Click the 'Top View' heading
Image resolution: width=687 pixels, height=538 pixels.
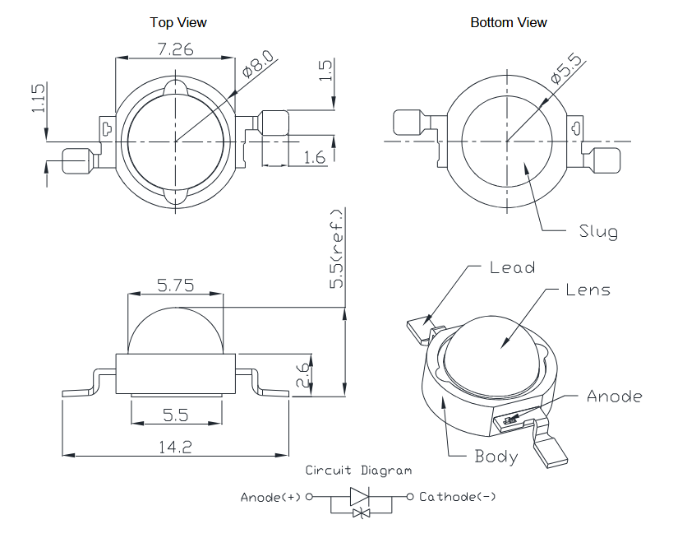[x=178, y=22]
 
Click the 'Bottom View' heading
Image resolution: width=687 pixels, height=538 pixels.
[x=509, y=22]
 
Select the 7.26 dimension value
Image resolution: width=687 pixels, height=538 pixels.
[x=174, y=49]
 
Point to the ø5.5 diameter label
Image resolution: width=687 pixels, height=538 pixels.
[x=565, y=68]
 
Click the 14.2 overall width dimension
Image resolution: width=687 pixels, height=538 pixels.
[x=176, y=447]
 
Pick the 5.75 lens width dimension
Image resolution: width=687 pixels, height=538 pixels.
[x=175, y=286]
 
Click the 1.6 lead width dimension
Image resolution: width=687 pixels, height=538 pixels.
[x=315, y=157]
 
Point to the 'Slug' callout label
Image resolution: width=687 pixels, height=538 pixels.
[x=598, y=231]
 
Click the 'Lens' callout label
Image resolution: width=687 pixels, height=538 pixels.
[x=588, y=290]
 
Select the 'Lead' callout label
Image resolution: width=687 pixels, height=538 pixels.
[x=512, y=267]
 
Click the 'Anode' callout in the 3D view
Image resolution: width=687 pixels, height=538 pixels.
[x=614, y=397]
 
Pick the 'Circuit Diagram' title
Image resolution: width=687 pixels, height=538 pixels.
[x=358, y=471]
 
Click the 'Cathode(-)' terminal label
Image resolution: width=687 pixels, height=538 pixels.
[x=457, y=496]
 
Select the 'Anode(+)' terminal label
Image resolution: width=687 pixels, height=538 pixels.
[x=270, y=497]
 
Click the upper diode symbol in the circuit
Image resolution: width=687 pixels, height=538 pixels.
[x=360, y=496]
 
